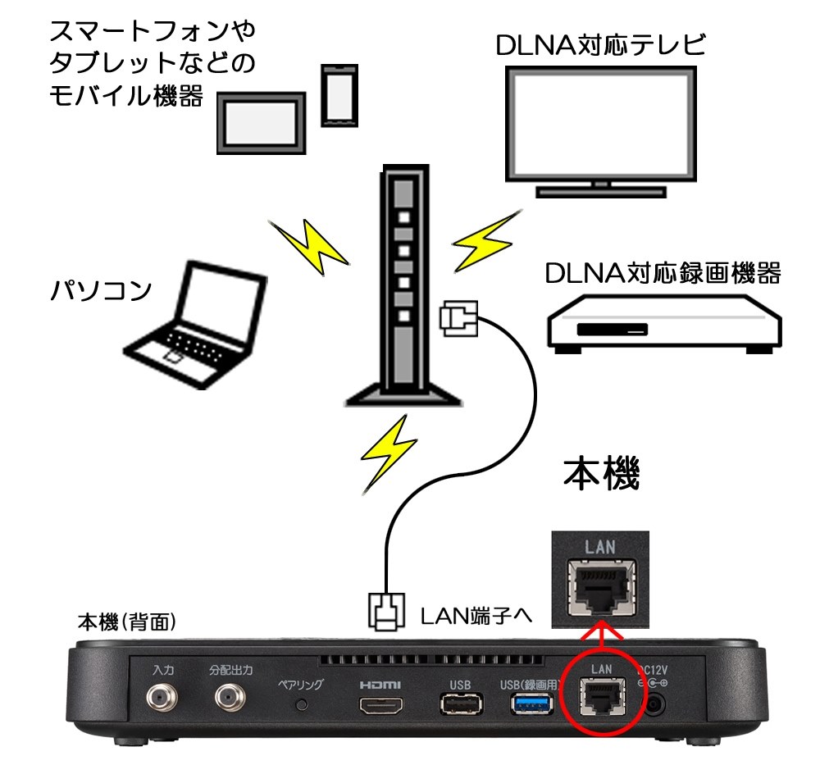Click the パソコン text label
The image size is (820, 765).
(x=99, y=289)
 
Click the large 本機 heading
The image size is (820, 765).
(x=600, y=473)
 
